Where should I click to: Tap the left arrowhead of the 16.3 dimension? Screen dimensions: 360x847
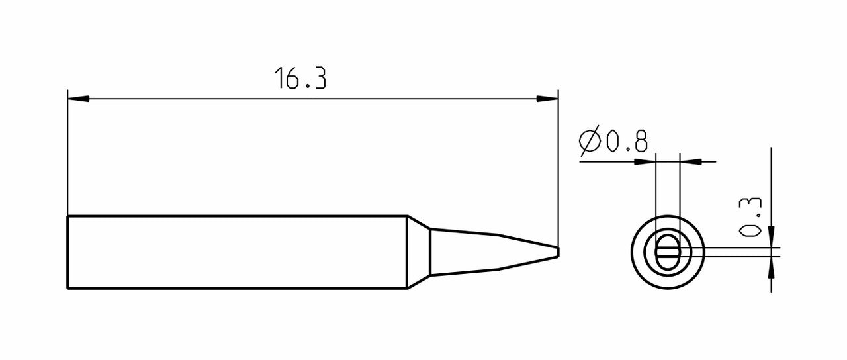pyautogui.click(x=78, y=99)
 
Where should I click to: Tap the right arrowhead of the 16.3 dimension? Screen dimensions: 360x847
pyautogui.click(x=547, y=99)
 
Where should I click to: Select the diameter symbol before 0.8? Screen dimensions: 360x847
pyautogui.click(x=590, y=142)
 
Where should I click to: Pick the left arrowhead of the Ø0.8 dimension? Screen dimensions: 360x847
pyautogui.click(x=646, y=161)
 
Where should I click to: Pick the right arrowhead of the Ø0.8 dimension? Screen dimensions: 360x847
pyautogui.click(x=690, y=161)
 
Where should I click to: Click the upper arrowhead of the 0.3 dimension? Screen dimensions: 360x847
pyautogui.click(x=772, y=238)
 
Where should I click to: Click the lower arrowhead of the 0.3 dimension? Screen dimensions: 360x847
pyautogui.click(x=772, y=267)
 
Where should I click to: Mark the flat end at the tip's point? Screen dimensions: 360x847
pyautogui.click(x=558, y=252)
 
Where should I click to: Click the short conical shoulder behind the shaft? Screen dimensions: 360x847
pyautogui.click(x=418, y=252)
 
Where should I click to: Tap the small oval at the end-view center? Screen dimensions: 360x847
pyautogui.click(x=667, y=252)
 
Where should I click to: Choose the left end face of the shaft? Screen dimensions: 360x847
pyautogui.click(x=68, y=252)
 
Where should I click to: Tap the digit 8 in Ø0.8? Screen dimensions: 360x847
pyautogui.click(x=639, y=142)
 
